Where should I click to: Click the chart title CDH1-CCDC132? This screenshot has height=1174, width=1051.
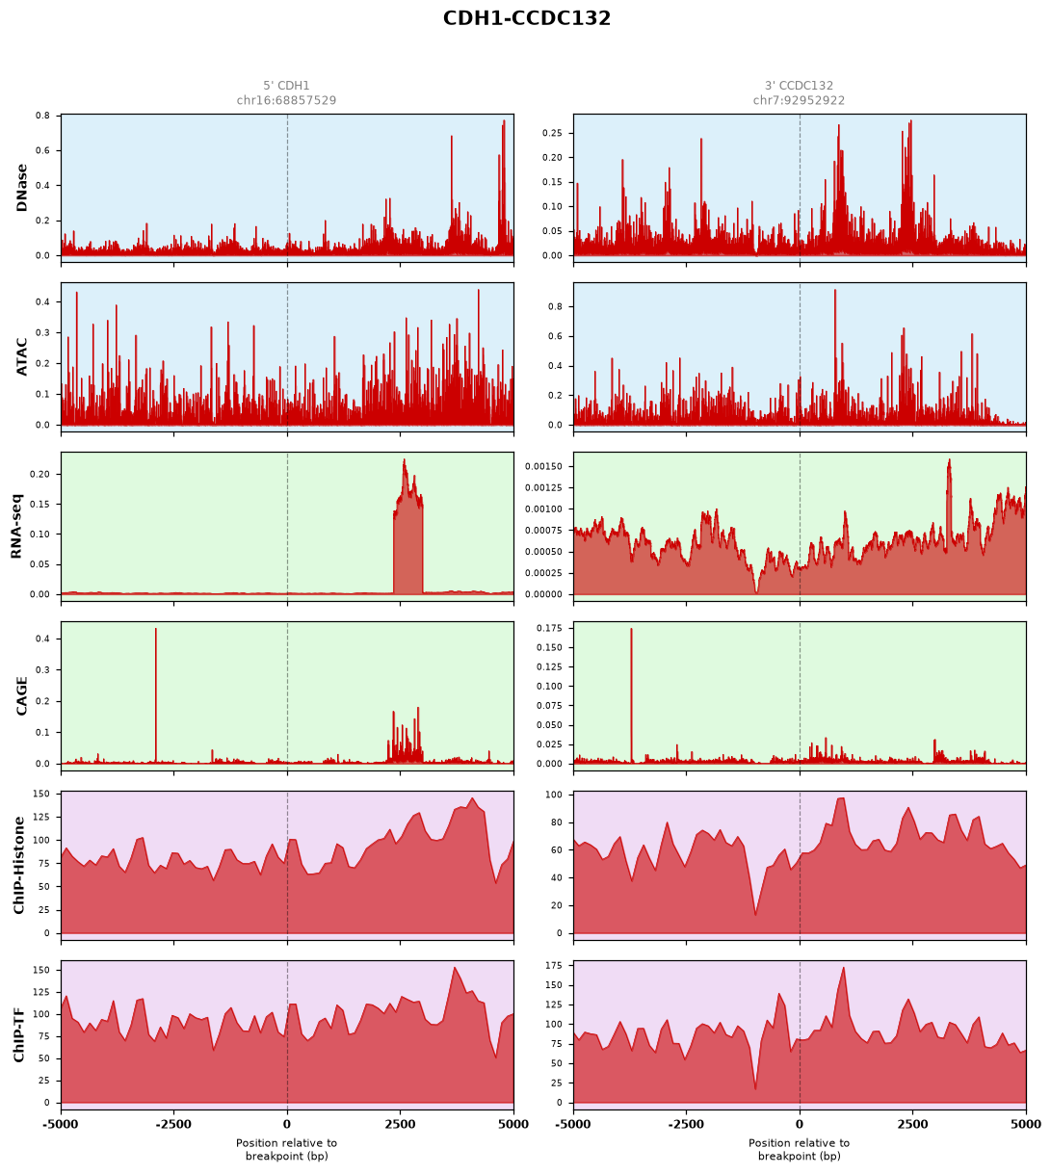pyautogui.click(x=526, y=18)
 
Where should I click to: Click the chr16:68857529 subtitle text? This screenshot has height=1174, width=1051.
pyautogui.click(x=286, y=100)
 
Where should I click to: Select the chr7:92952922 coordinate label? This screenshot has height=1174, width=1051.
pyautogui.click(x=799, y=100)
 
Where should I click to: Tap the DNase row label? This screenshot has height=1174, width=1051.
pyautogui.click(x=22, y=188)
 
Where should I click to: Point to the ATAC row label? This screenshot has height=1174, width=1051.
pyautogui.click(x=22, y=357)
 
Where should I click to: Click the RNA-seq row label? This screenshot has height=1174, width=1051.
pyautogui.click(x=16, y=526)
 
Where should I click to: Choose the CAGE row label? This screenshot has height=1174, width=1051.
pyautogui.click(x=22, y=696)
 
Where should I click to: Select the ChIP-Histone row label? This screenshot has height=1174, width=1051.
pyautogui.click(x=19, y=865)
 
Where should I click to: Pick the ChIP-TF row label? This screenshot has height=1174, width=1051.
pyautogui.click(x=19, y=1035)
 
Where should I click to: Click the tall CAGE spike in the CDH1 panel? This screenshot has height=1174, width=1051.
pyautogui.click(x=156, y=695)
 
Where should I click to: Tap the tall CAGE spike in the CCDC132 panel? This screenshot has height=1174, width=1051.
pyautogui.click(x=631, y=695)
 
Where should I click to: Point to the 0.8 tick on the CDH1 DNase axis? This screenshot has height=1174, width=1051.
pyautogui.click(x=43, y=116)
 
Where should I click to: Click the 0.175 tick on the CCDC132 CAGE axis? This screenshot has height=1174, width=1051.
pyautogui.click(x=549, y=628)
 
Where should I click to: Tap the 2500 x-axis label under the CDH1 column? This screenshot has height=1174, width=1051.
pyautogui.click(x=400, y=1125)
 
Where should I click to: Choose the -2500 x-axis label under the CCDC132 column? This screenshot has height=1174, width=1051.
pyautogui.click(x=686, y=1125)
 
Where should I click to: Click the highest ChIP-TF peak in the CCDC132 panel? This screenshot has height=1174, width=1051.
pyautogui.click(x=844, y=968)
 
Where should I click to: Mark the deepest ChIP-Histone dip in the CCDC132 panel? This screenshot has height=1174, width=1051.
pyautogui.click(x=755, y=914)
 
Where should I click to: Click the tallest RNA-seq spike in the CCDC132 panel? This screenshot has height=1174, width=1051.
pyautogui.click(x=949, y=460)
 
